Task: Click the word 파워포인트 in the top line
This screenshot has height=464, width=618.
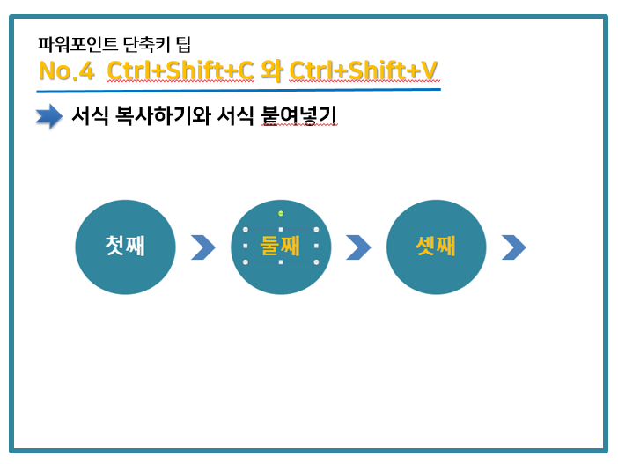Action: [77, 44]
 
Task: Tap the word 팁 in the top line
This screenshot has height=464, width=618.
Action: [183, 44]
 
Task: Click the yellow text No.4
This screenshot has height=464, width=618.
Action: [66, 71]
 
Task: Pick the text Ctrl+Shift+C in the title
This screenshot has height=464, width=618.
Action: [180, 71]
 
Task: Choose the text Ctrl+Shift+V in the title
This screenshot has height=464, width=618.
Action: [364, 71]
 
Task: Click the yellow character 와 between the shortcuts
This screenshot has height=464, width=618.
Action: [272, 71]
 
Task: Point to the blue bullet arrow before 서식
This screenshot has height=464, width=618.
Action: [49, 116]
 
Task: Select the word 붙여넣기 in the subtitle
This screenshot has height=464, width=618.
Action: [299, 116]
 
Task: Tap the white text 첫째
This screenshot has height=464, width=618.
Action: [125, 246]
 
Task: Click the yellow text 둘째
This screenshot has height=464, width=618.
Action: [280, 246]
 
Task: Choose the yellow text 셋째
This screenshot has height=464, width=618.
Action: [436, 246]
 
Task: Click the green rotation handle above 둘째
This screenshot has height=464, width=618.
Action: [281, 213]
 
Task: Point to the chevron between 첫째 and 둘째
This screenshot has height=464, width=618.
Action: [203, 247]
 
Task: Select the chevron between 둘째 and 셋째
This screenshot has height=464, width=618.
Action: [358, 247]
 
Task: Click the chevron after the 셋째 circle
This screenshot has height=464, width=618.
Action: [514, 247]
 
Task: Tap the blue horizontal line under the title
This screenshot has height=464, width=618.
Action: [239, 91]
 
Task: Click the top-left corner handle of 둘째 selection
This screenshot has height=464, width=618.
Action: [246, 230]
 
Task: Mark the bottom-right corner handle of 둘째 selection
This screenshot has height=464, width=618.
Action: [316, 262]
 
